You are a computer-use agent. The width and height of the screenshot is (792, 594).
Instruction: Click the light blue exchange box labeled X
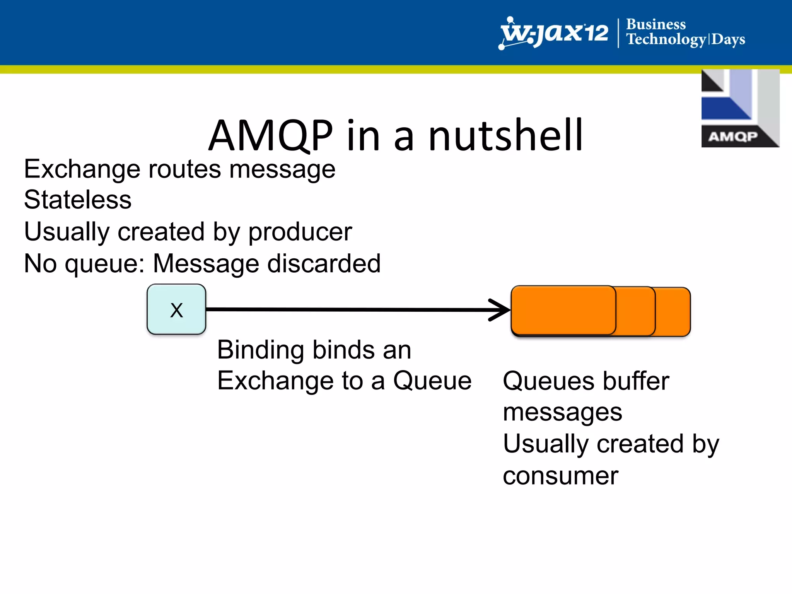coord(176,309)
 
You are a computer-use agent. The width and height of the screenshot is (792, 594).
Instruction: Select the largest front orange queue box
coord(563,310)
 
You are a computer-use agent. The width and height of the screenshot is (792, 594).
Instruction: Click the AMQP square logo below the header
coord(740,108)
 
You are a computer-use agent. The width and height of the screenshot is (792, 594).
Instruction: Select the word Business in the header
coord(656,24)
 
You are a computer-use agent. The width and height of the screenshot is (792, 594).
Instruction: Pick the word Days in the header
coord(728,39)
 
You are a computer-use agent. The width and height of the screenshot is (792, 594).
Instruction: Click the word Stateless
coord(78,200)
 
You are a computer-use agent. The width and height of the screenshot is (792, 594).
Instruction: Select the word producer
coord(300,232)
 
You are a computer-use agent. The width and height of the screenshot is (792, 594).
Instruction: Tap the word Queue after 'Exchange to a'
coord(432,381)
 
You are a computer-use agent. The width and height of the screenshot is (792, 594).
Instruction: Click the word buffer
coord(636,381)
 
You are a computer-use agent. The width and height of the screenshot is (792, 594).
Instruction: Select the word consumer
coord(560,476)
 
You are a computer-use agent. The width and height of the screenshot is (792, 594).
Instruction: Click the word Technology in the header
coord(666,39)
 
